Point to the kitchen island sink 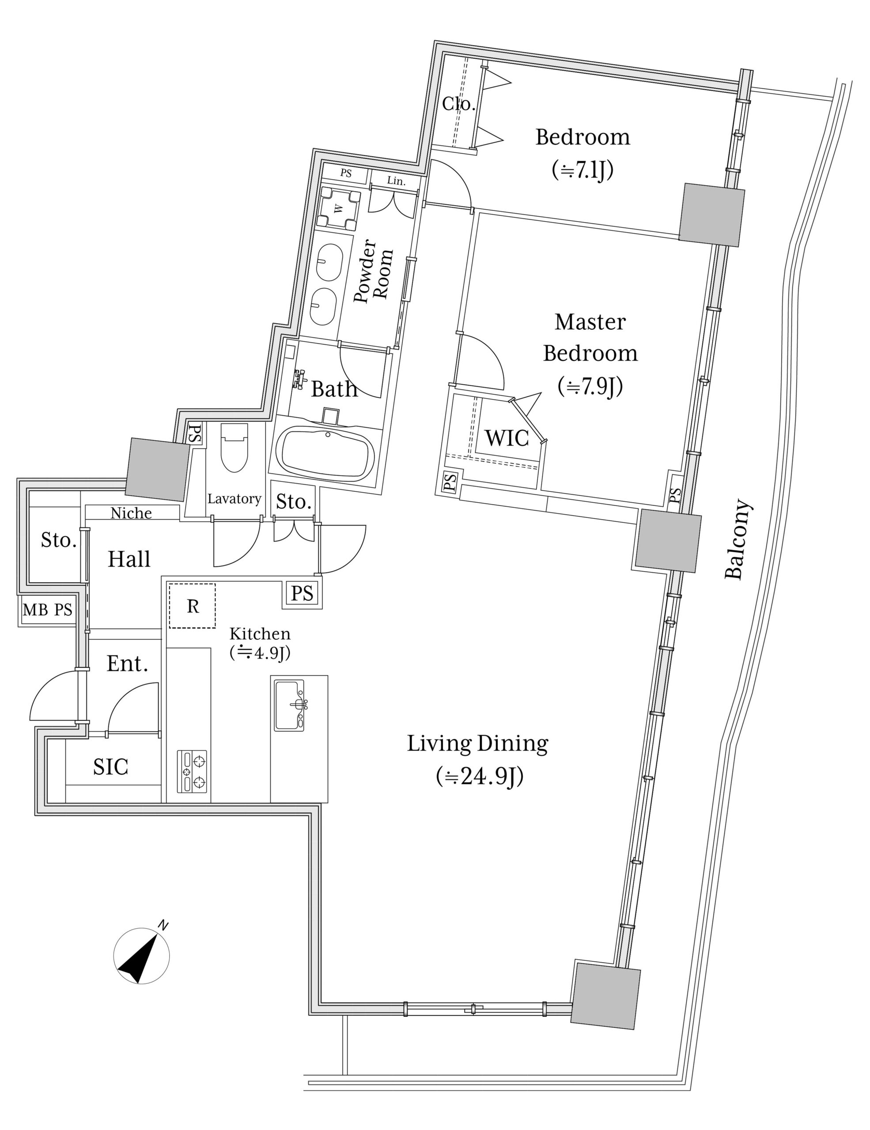click(290, 706)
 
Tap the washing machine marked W click(339, 208)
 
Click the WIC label click(507, 438)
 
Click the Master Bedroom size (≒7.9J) click(590, 386)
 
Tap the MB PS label click(48, 610)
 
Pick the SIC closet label click(111, 767)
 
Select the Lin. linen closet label click(396, 181)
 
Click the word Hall click(129, 559)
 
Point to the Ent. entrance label click(127, 664)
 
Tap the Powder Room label click(374, 271)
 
